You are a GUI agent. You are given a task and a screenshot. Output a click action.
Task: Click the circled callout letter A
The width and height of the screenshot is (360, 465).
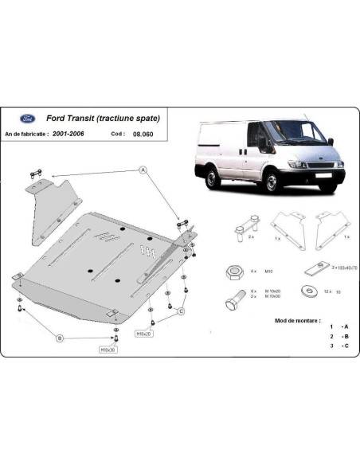pos(143,170)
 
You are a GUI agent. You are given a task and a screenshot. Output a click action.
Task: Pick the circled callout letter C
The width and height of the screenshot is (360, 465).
pos(182,311)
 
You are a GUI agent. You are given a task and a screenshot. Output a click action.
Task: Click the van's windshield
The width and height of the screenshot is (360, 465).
pos(292,135)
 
